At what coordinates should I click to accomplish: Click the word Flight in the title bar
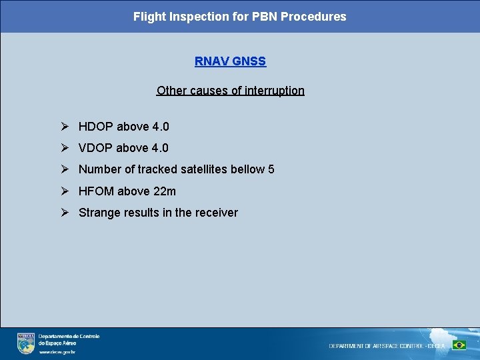coord(149,17)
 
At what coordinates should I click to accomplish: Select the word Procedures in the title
coord(313,17)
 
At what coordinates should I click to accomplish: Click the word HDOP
coord(96,127)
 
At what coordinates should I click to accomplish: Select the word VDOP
coord(96,148)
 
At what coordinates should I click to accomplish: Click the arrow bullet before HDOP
coord(65,127)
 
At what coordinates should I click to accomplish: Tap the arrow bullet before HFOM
coord(65,191)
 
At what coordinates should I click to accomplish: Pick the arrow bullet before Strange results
coord(65,213)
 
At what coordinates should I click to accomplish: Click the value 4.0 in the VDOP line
coord(160,148)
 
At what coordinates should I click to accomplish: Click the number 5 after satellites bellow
coord(271,169)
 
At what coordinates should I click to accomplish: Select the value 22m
coord(165,191)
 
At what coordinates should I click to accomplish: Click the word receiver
coord(216,213)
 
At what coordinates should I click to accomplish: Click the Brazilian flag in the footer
coord(459,345)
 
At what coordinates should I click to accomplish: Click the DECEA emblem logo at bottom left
coord(26,343)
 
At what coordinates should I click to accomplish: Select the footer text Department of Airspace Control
coord(387,346)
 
